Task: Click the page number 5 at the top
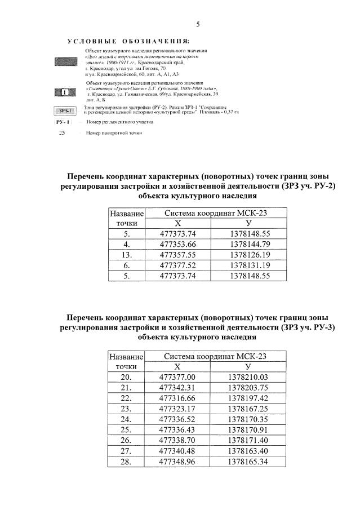(x=198, y=24)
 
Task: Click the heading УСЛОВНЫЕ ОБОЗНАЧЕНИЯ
(x=128, y=42)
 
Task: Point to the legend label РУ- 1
(x=63, y=122)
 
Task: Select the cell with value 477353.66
(x=177, y=244)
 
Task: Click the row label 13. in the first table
(x=127, y=255)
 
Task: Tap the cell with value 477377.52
(x=177, y=265)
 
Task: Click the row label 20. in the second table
(x=126, y=377)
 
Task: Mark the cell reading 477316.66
(x=177, y=398)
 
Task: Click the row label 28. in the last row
(x=126, y=462)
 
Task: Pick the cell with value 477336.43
(x=177, y=430)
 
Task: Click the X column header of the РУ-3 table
(x=177, y=366)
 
